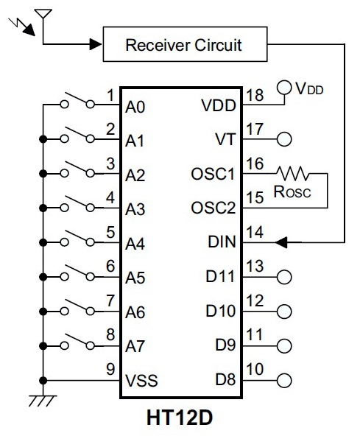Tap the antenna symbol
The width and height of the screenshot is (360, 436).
pos(43,14)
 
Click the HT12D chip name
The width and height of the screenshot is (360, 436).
pos(180,418)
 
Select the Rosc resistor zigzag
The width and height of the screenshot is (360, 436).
pos(293,173)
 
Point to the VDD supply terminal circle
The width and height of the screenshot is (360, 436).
pos(284,88)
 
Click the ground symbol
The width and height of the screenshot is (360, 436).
pos(43,401)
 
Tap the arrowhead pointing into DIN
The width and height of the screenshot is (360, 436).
pos(281,242)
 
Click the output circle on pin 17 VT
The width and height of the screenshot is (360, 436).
pos(284,139)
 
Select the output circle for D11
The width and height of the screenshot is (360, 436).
pos(284,277)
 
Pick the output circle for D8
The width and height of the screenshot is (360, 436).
pos(284,380)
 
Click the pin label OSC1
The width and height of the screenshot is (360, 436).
pos(213,175)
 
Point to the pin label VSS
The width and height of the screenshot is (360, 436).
pos(141,380)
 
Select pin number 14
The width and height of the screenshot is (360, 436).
pos(255,232)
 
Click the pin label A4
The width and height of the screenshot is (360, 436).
pos(135,244)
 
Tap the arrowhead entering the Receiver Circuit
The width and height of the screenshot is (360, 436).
pos(96,44)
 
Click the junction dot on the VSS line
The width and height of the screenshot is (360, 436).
pos(43,380)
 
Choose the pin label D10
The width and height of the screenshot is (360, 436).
pos(220,311)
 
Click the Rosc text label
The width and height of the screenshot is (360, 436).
pos(292,191)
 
